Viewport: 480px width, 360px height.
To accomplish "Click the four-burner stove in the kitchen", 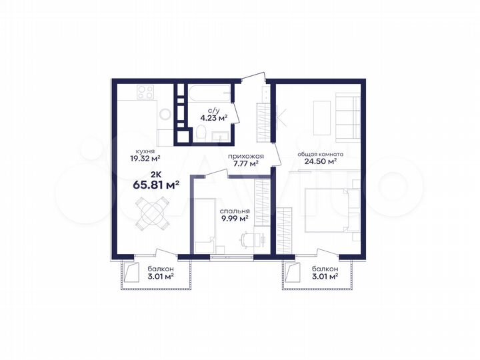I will [x=146, y=93].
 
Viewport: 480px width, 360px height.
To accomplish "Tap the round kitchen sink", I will [x=164, y=115].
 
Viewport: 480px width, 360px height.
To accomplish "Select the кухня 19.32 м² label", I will [x=145, y=155].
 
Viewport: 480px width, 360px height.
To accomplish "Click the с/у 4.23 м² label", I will [x=214, y=116].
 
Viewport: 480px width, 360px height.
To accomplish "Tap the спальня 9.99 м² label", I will [x=234, y=213].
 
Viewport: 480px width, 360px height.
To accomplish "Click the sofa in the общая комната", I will [x=347, y=117].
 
